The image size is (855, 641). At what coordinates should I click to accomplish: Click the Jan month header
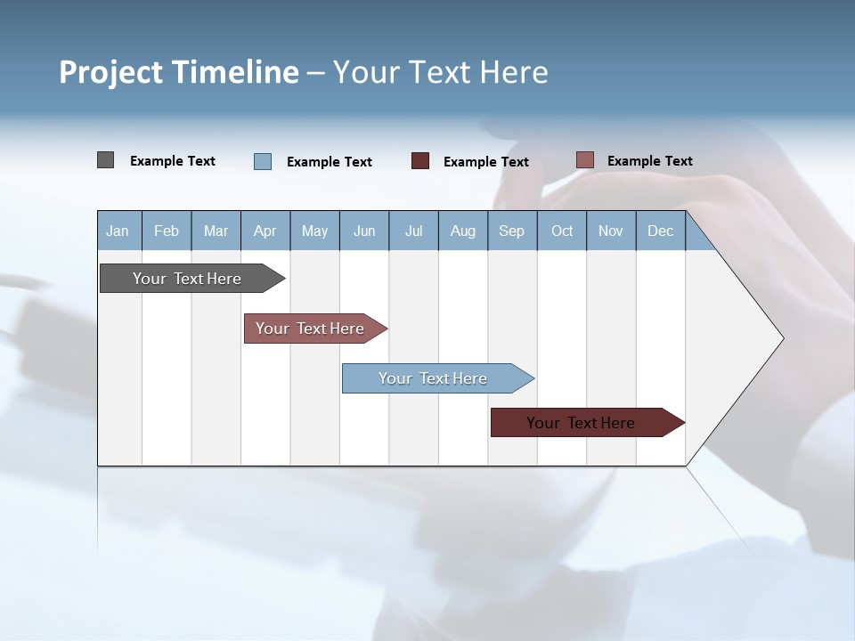(118, 231)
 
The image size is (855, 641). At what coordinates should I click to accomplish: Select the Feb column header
(167, 231)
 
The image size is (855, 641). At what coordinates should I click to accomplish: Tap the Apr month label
(265, 231)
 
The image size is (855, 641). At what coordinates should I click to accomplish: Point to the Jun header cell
(364, 231)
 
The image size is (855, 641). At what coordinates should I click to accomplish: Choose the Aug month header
(462, 231)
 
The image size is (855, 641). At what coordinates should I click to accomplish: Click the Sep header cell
(511, 231)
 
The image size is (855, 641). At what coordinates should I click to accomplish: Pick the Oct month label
(562, 231)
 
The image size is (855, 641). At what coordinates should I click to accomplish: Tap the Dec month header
(660, 231)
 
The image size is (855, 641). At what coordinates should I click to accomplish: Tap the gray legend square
(105, 160)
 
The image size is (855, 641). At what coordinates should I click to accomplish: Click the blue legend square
(263, 161)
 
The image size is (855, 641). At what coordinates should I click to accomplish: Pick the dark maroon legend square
(420, 161)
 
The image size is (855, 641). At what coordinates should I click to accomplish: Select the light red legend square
(584, 160)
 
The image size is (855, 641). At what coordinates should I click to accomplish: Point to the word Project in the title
(110, 72)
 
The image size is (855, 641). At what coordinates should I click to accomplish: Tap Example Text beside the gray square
(173, 161)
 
